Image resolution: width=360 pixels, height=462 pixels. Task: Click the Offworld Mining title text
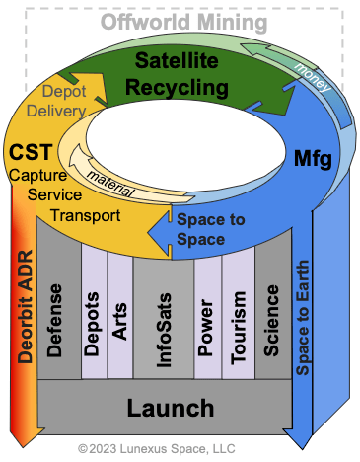183,23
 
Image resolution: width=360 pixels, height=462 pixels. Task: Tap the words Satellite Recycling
177,74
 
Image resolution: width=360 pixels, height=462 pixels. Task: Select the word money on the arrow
313,77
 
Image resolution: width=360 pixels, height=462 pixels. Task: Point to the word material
110,185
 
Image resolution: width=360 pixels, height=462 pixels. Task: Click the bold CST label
31,152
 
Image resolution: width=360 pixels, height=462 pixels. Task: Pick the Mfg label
313,159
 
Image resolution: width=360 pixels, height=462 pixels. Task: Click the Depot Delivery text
56,101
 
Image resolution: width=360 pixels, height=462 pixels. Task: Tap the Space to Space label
211,229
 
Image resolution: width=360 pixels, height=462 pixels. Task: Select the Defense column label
54,321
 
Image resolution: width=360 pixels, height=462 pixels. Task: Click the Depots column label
92,324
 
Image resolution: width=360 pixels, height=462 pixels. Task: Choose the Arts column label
119,321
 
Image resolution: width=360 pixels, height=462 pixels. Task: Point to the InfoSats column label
164,330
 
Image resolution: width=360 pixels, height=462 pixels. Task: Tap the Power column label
206,328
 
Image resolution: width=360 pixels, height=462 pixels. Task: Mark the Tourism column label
239,328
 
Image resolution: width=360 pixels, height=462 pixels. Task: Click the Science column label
271,321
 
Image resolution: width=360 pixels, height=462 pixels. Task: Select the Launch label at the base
171,408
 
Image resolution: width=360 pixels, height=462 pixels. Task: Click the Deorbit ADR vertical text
26,307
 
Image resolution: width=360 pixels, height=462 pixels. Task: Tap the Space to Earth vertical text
302,318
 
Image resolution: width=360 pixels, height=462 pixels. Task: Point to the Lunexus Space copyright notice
157,449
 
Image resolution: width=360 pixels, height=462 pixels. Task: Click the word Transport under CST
86,216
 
